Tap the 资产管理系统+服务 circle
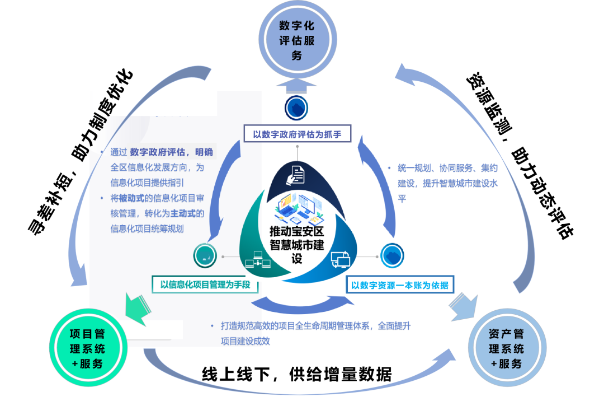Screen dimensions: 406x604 click(x=506, y=348)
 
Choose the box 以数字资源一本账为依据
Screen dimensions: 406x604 click(x=399, y=285)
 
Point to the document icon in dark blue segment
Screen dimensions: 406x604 click(x=296, y=174)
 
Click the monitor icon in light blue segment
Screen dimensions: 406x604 click(x=340, y=259)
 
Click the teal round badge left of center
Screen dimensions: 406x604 click(x=205, y=256)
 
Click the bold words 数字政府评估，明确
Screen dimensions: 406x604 click(x=171, y=152)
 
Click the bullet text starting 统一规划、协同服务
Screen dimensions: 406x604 click(x=447, y=168)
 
